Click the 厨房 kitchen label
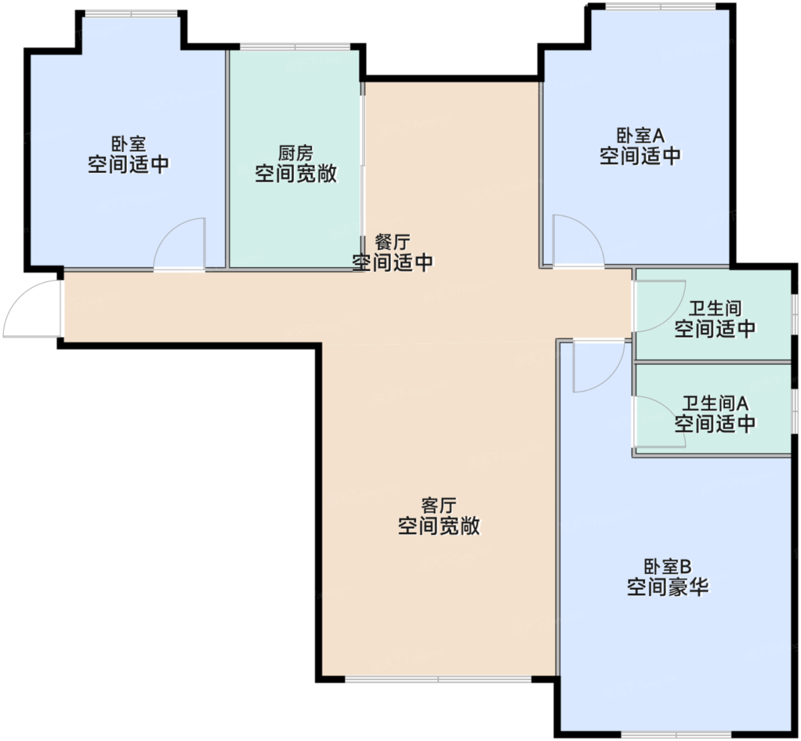296,153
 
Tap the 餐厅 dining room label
392,242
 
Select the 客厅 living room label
439,505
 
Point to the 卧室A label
640,136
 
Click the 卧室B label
668,566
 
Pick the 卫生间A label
715,403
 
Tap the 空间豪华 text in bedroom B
668,587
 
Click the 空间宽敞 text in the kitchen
296,174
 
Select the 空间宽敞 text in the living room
439,526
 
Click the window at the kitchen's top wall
295,47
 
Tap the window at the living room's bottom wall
438,680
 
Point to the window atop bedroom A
661,7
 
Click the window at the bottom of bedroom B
676,734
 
